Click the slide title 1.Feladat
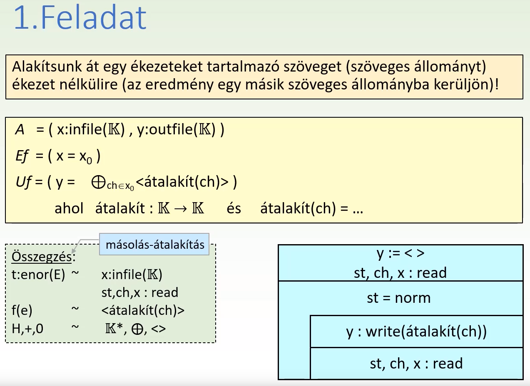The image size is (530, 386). click(80, 17)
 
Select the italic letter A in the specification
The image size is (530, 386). click(20, 129)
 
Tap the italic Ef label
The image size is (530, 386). click(22, 156)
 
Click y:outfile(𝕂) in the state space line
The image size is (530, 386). click(176, 129)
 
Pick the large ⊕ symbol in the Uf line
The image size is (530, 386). click(98, 183)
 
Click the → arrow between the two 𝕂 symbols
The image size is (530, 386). click(180, 209)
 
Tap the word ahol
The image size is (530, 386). click(69, 208)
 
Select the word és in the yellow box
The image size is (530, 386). click(234, 208)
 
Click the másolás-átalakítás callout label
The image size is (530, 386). click(155, 245)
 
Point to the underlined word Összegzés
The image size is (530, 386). click(42, 257)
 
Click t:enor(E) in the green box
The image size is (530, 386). click(38, 275)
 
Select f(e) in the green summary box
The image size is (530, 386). click(22, 310)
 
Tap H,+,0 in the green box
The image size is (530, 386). click(27, 329)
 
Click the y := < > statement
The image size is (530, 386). click(401, 253)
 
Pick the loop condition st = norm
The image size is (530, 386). click(399, 298)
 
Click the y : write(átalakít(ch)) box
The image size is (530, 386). click(416, 332)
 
